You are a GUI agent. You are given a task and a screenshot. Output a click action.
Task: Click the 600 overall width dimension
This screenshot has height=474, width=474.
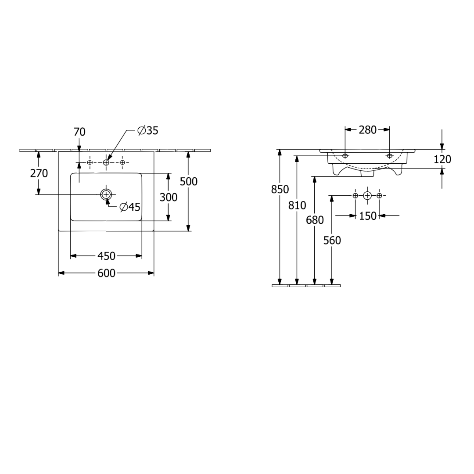pos(106,273)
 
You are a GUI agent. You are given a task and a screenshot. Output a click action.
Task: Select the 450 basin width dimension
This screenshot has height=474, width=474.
pos(106,256)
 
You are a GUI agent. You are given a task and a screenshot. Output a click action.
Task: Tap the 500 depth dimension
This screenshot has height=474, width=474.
pos(189,181)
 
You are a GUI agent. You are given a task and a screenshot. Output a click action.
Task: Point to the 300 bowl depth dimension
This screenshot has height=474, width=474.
pos(169,197)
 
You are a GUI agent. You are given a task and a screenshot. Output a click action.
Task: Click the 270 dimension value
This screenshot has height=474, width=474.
pos(39,173)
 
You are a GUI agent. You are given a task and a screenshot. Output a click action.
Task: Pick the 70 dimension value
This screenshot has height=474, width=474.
pos(79,132)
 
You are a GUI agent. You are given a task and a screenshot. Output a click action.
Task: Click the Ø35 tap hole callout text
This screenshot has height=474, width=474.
pos(148,131)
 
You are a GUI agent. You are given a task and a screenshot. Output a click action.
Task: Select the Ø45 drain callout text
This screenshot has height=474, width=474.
pos(130,207)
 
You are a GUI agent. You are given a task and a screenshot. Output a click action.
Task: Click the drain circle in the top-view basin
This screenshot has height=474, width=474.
pos(106,194)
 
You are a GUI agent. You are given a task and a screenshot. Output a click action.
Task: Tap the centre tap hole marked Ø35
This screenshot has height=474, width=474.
pos(106,163)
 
